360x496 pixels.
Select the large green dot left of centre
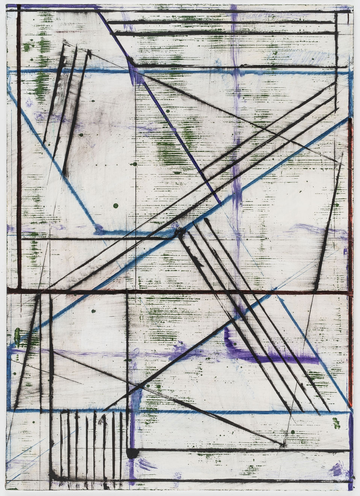(115, 206)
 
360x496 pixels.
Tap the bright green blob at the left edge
(17, 334)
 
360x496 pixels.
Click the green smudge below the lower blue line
(336, 423)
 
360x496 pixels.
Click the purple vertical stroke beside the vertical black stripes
(130, 432)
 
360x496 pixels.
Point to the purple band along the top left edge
(56, 7)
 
